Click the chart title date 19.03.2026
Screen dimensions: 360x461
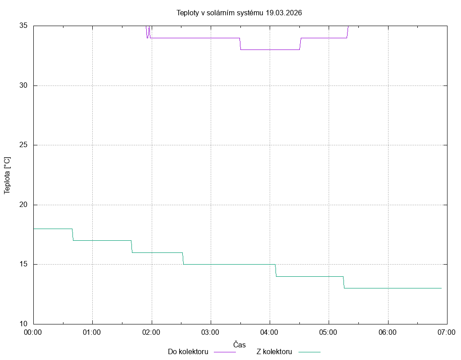coord(284,13)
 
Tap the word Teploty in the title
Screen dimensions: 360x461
coord(188,13)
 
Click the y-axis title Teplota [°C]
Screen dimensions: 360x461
coord(7,175)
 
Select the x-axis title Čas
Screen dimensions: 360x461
coord(240,345)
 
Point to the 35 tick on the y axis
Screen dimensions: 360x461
coord(23,26)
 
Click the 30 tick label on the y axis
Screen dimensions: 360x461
coord(23,85)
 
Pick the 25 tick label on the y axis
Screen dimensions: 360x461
coord(23,145)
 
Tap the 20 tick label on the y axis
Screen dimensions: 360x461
coord(23,205)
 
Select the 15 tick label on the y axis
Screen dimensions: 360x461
coord(23,264)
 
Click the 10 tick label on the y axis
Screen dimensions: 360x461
coord(23,324)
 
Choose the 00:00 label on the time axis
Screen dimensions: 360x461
coord(33,333)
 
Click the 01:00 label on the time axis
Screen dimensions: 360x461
coord(92,333)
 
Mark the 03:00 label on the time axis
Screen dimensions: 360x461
coord(210,333)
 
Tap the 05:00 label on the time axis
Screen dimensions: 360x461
coord(328,333)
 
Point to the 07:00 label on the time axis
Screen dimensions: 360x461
coord(447,333)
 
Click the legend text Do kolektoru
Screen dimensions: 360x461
coord(188,352)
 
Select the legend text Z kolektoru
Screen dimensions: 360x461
coord(274,352)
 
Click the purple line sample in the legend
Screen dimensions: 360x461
coord(224,352)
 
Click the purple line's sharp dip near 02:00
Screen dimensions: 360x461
coord(147,37)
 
